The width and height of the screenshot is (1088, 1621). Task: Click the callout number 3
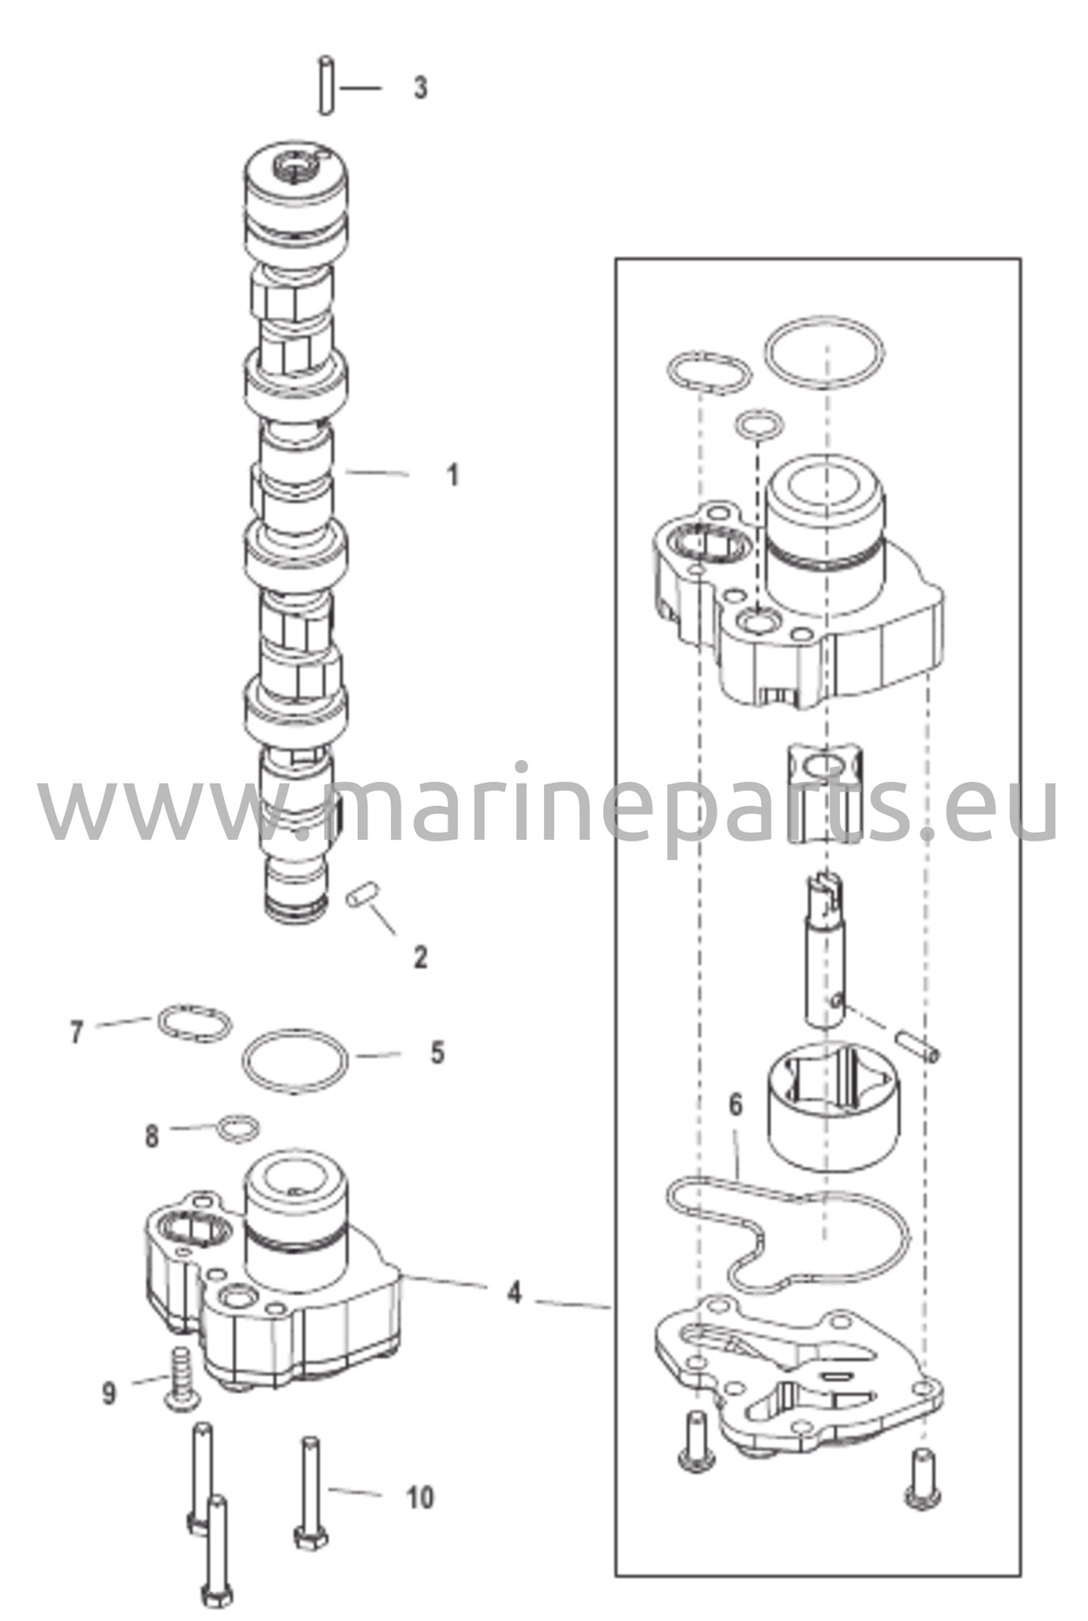[420, 88]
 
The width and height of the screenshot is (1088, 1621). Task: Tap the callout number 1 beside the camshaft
[452, 476]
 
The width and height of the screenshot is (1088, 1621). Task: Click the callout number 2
[420, 957]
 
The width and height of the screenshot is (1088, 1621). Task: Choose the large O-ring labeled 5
[295, 1061]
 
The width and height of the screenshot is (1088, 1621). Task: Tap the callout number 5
[438, 1053]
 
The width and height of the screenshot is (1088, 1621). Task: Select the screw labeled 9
[181, 1381]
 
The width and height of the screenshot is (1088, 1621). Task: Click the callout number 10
[420, 1498]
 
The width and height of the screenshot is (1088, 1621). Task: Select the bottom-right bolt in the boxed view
[923, 1468]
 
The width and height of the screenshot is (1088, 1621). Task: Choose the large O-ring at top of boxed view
[824, 352]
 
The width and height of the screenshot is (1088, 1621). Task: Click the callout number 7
[76, 1032]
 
